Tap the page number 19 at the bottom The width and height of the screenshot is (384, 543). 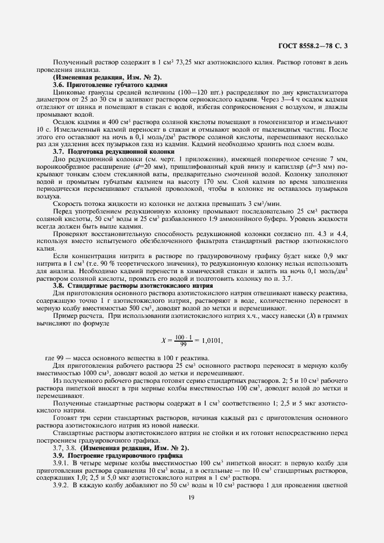pos(191,498)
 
